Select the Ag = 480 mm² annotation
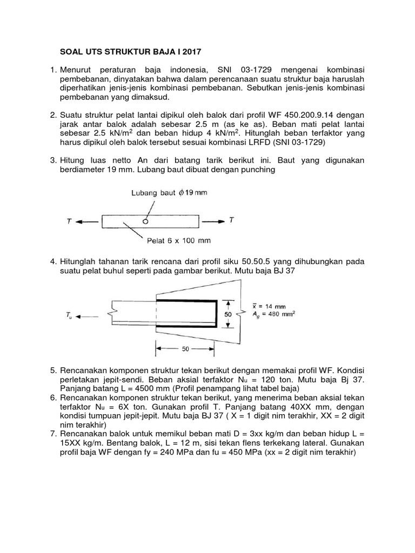pyautogui.click(x=278, y=314)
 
